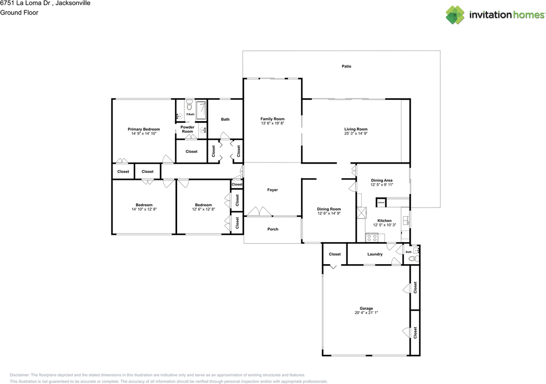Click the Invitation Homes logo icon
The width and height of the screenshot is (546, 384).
click(x=456, y=15)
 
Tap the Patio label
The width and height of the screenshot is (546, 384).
click(x=346, y=66)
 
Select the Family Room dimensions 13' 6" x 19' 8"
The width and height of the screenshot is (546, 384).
click(x=273, y=124)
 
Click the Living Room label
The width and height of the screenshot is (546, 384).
click(x=356, y=129)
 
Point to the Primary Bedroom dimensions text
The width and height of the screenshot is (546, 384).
click(x=144, y=134)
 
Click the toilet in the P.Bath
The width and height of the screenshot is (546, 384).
click(x=189, y=106)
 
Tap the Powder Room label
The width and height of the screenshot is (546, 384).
click(x=188, y=129)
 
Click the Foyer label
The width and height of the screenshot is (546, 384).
click(x=273, y=190)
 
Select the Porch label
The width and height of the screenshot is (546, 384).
click(x=273, y=229)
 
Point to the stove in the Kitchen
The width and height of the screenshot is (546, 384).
click(x=371, y=237)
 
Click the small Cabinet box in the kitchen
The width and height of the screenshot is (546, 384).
click(x=381, y=202)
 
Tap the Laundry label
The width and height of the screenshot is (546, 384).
click(x=375, y=254)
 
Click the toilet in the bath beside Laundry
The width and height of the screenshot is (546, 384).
click(x=412, y=258)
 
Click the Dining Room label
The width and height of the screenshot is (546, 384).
click(x=329, y=209)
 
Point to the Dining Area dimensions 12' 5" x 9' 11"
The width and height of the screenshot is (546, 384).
click(x=381, y=185)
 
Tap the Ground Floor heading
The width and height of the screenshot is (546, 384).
click(x=19, y=13)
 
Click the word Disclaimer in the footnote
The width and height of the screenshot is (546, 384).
click(x=19, y=375)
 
